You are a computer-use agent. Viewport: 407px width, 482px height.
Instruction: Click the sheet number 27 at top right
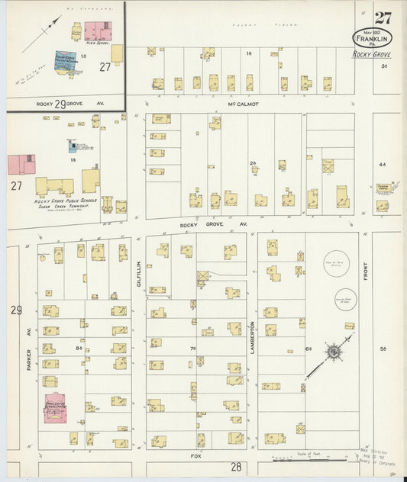tap(383, 18)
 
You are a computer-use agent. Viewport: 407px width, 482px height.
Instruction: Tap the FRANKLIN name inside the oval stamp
tap(373, 39)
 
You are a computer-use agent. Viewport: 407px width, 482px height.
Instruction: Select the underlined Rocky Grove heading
tap(372, 55)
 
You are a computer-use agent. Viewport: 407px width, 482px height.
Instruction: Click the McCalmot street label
tap(244, 104)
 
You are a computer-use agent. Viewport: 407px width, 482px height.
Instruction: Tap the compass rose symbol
tap(334, 352)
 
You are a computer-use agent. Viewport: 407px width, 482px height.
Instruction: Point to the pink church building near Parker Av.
tap(54, 408)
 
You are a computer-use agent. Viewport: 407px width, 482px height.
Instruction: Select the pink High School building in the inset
tap(96, 32)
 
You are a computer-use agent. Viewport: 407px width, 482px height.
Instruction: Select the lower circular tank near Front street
tap(346, 299)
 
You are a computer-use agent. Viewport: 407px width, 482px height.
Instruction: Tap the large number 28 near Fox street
tap(236, 465)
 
